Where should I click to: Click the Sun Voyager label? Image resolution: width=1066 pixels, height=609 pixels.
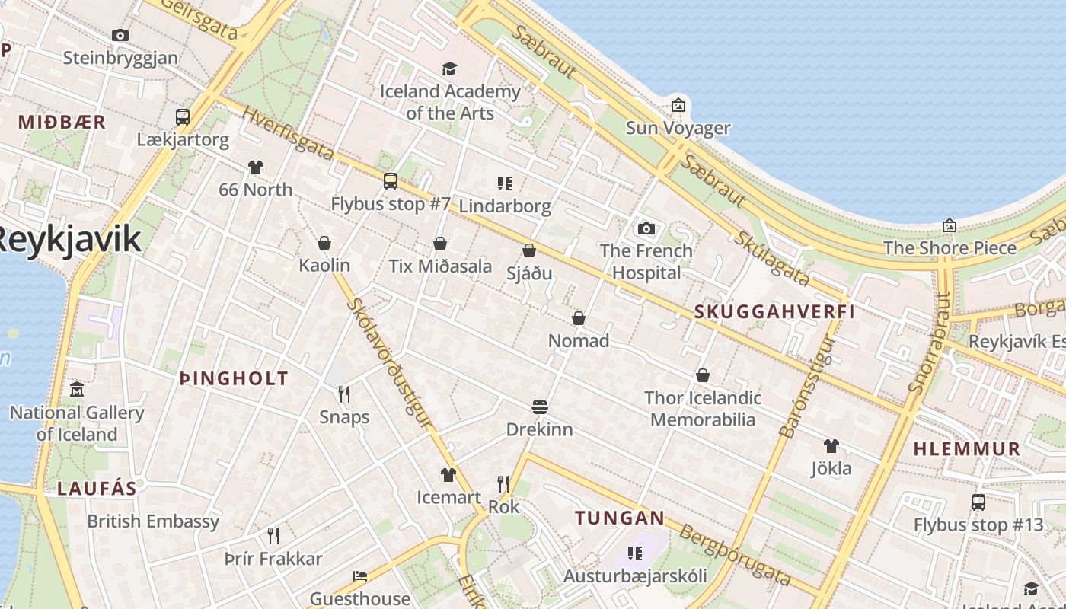click(x=678, y=128)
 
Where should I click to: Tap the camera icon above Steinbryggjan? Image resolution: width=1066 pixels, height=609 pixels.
click(x=120, y=35)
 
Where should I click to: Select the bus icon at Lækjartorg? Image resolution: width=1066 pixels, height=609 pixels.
click(x=183, y=116)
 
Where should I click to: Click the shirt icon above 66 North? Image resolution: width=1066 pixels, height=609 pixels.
click(x=256, y=167)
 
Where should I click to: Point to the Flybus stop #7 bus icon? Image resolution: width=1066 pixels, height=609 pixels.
click(x=391, y=181)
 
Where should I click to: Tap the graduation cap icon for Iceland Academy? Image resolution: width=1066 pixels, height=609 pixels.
click(x=450, y=69)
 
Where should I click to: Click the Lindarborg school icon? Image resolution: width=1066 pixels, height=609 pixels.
click(x=504, y=183)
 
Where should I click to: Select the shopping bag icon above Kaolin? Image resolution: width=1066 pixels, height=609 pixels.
click(x=324, y=243)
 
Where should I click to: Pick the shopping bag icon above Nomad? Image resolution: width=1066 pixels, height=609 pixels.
click(x=579, y=317)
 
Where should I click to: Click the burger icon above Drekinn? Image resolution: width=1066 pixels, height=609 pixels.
click(x=540, y=407)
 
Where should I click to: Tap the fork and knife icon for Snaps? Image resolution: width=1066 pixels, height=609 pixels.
click(x=344, y=394)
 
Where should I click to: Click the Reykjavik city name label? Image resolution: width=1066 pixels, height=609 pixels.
click(x=69, y=239)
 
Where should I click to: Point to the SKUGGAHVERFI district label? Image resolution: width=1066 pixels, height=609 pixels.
click(x=774, y=311)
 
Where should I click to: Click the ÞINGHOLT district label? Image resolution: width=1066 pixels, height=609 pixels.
click(x=234, y=378)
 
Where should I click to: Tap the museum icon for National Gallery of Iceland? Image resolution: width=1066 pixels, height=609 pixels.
click(x=77, y=390)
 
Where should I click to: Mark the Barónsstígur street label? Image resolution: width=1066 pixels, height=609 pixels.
click(x=808, y=386)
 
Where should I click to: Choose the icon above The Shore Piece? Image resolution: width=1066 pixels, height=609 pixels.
click(x=950, y=225)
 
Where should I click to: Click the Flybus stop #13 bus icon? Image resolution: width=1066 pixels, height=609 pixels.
click(x=978, y=502)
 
